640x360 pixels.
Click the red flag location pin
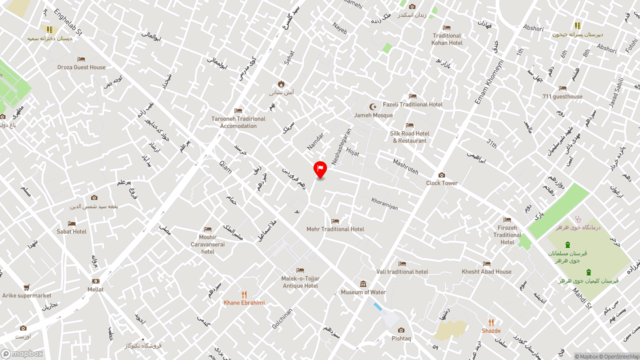click(x=320, y=169)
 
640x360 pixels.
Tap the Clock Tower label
click(x=441, y=183)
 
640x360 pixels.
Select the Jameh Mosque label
click(x=373, y=115)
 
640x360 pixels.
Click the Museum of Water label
click(x=363, y=292)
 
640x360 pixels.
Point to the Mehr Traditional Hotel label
click(x=335, y=229)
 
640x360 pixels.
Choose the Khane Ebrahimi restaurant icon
click(x=244, y=294)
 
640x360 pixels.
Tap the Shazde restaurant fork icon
click(x=491, y=322)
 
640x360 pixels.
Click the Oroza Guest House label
click(x=81, y=67)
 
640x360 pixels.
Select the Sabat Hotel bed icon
click(x=71, y=223)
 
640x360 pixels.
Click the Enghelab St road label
click(x=68, y=22)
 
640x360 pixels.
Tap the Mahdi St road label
click(x=582, y=298)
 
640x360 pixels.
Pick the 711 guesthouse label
click(x=562, y=96)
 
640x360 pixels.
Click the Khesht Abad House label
click(x=486, y=271)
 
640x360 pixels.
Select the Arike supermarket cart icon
click(x=26, y=287)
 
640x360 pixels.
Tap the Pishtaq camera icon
click(x=401, y=330)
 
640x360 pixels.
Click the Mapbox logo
click(x=22, y=353)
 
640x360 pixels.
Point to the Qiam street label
click(x=225, y=166)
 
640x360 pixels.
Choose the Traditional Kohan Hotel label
click(x=447, y=39)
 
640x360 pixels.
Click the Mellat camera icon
click(x=95, y=281)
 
